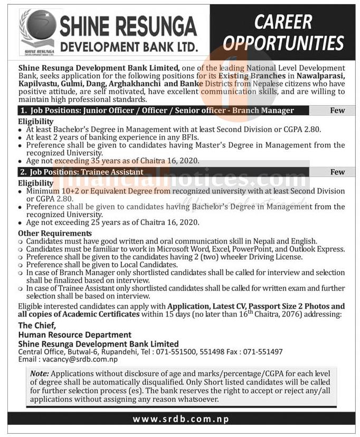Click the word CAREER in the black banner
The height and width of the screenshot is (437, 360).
(283, 22)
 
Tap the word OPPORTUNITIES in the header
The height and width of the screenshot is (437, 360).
(283, 42)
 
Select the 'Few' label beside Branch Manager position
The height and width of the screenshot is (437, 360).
(337, 110)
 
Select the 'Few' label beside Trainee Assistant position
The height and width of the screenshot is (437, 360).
(337, 172)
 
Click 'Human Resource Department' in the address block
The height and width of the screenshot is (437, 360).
(74, 334)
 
